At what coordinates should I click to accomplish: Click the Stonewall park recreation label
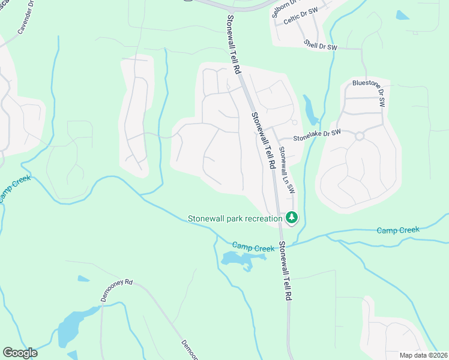click(x=235, y=218)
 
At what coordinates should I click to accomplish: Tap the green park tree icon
click(x=291, y=217)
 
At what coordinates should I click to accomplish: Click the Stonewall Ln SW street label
click(x=287, y=170)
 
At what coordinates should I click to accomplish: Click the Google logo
click(x=20, y=353)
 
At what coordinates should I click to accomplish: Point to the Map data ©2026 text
click(x=424, y=355)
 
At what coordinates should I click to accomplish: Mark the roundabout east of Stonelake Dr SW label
click(x=360, y=136)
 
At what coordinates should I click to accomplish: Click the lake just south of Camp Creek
click(x=241, y=259)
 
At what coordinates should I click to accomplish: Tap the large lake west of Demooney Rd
click(x=73, y=326)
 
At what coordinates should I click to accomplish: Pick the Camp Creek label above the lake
click(x=253, y=246)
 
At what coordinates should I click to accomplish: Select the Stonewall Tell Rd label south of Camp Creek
click(x=286, y=271)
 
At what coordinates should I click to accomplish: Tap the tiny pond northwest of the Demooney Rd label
click(x=83, y=279)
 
